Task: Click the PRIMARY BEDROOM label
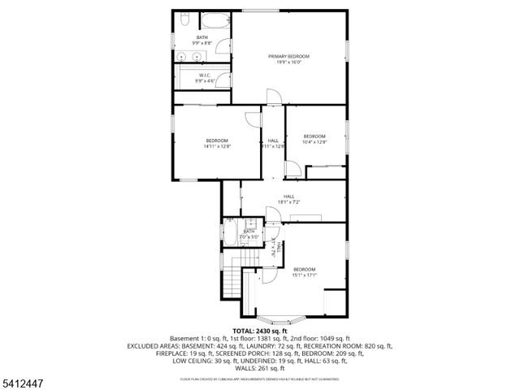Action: (289, 55)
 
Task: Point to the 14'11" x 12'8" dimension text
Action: (217, 146)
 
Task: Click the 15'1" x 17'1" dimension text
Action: (305, 275)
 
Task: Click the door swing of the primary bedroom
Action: (275, 96)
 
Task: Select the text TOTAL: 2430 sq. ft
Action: (259, 331)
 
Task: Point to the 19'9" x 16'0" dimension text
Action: (289, 62)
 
